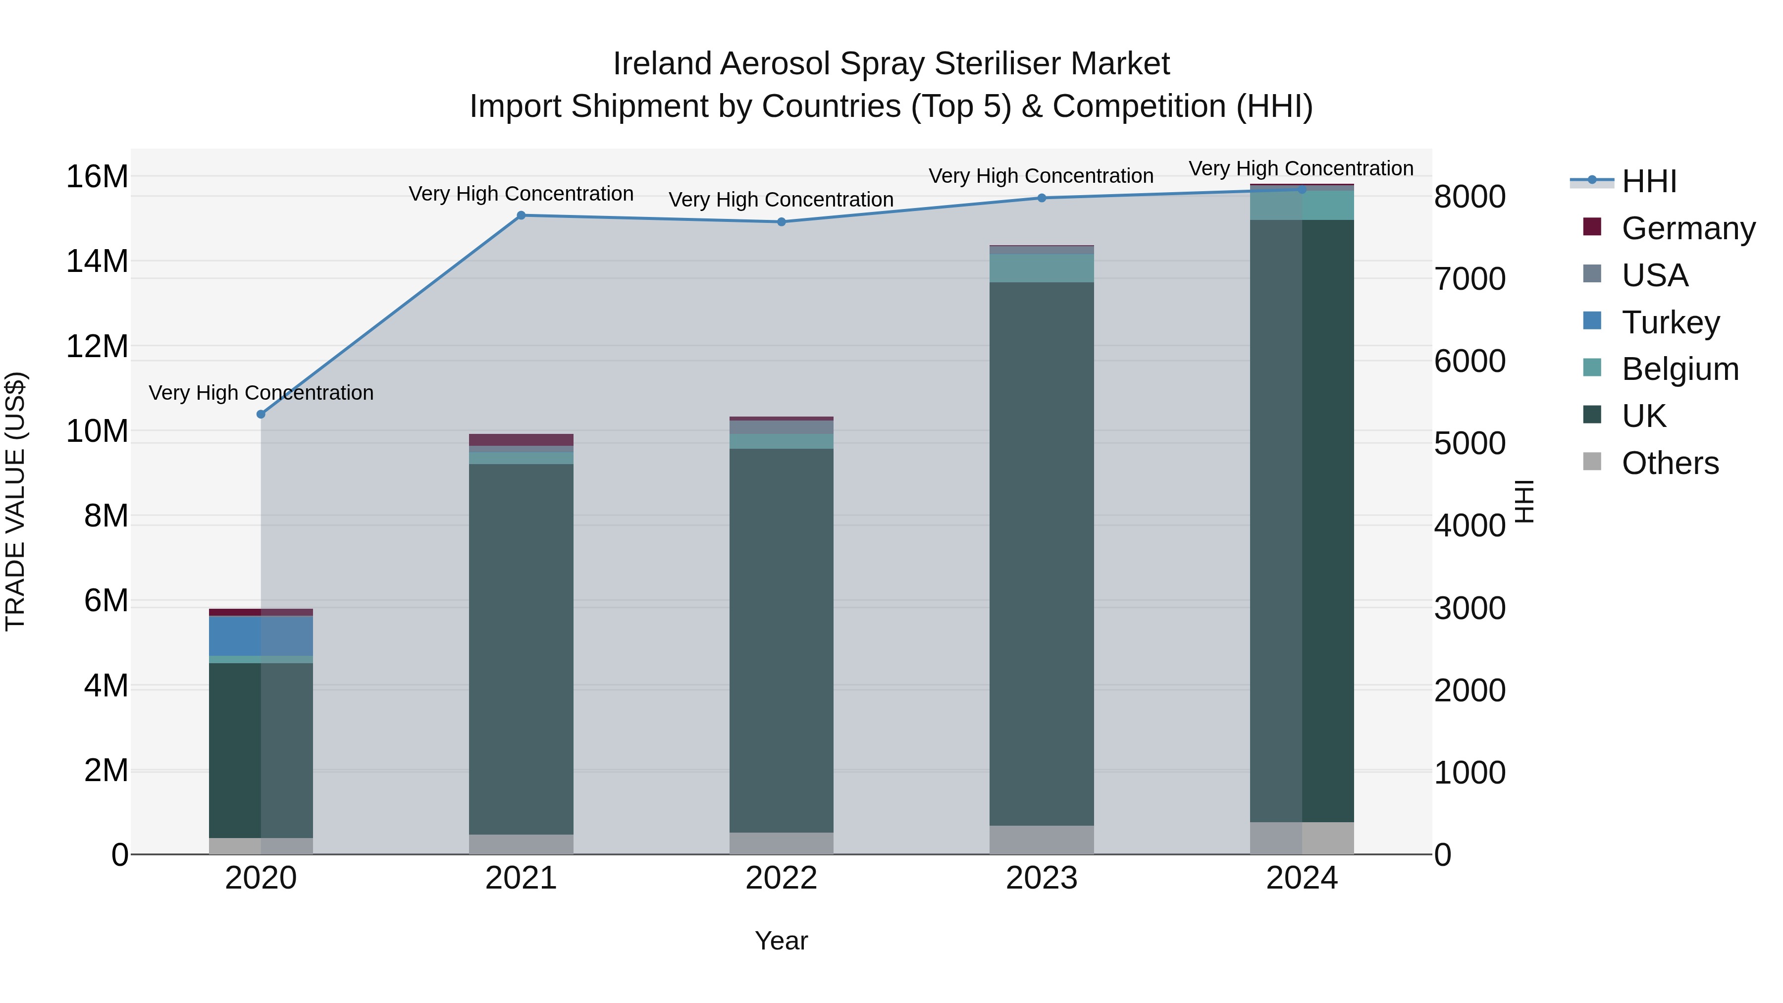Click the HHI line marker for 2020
click(x=261, y=414)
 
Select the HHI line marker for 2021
click(x=521, y=215)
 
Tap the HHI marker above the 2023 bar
click(x=1042, y=198)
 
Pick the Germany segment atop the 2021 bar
click(x=521, y=439)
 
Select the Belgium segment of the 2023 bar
click(x=1042, y=268)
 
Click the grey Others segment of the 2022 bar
click(x=782, y=843)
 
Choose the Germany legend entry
click(x=1687, y=228)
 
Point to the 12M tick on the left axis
click(x=97, y=346)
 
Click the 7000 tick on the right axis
click(x=1469, y=279)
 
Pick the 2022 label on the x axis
click(x=782, y=878)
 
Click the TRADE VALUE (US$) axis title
click(x=15, y=501)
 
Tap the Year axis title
click(x=782, y=941)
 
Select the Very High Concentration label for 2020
click(x=261, y=392)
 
